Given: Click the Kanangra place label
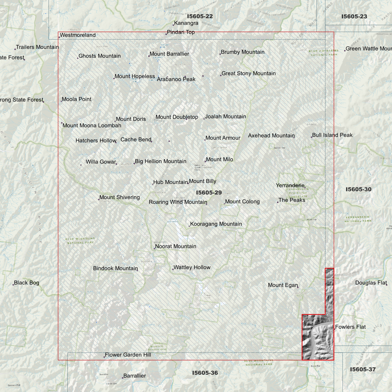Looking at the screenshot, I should [186, 23].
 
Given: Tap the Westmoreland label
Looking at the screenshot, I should [78, 35].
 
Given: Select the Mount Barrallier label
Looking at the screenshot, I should [169, 54].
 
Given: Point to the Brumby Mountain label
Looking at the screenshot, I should [243, 52].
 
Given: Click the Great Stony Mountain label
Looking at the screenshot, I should [248, 73].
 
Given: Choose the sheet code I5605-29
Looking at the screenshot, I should [209, 193].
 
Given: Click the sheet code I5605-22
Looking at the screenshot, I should [200, 16].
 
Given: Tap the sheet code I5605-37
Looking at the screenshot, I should [363, 369].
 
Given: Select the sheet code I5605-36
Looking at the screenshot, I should [205, 373].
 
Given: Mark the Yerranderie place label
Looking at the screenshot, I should [290, 185].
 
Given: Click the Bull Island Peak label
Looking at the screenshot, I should [332, 135].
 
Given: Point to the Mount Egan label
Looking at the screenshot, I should [283, 285].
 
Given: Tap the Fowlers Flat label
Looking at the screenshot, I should [350, 327].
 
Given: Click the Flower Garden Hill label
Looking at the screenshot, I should [128, 355].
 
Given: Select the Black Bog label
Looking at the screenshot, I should [27, 283].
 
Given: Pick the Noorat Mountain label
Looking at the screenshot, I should [176, 246].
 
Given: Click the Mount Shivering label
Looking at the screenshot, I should [119, 197].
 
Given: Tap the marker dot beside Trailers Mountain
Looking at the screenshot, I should [15, 49].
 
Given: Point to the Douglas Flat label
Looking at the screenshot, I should [371, 283].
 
